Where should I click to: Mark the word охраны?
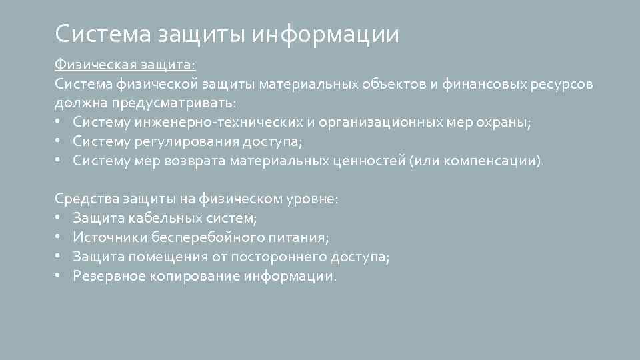pyautogui.click(x=506, y=123)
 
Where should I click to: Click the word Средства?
pyautogui.click(x=87, y=199)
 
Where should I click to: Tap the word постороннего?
pyautogui.click(x=276, y=257)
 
